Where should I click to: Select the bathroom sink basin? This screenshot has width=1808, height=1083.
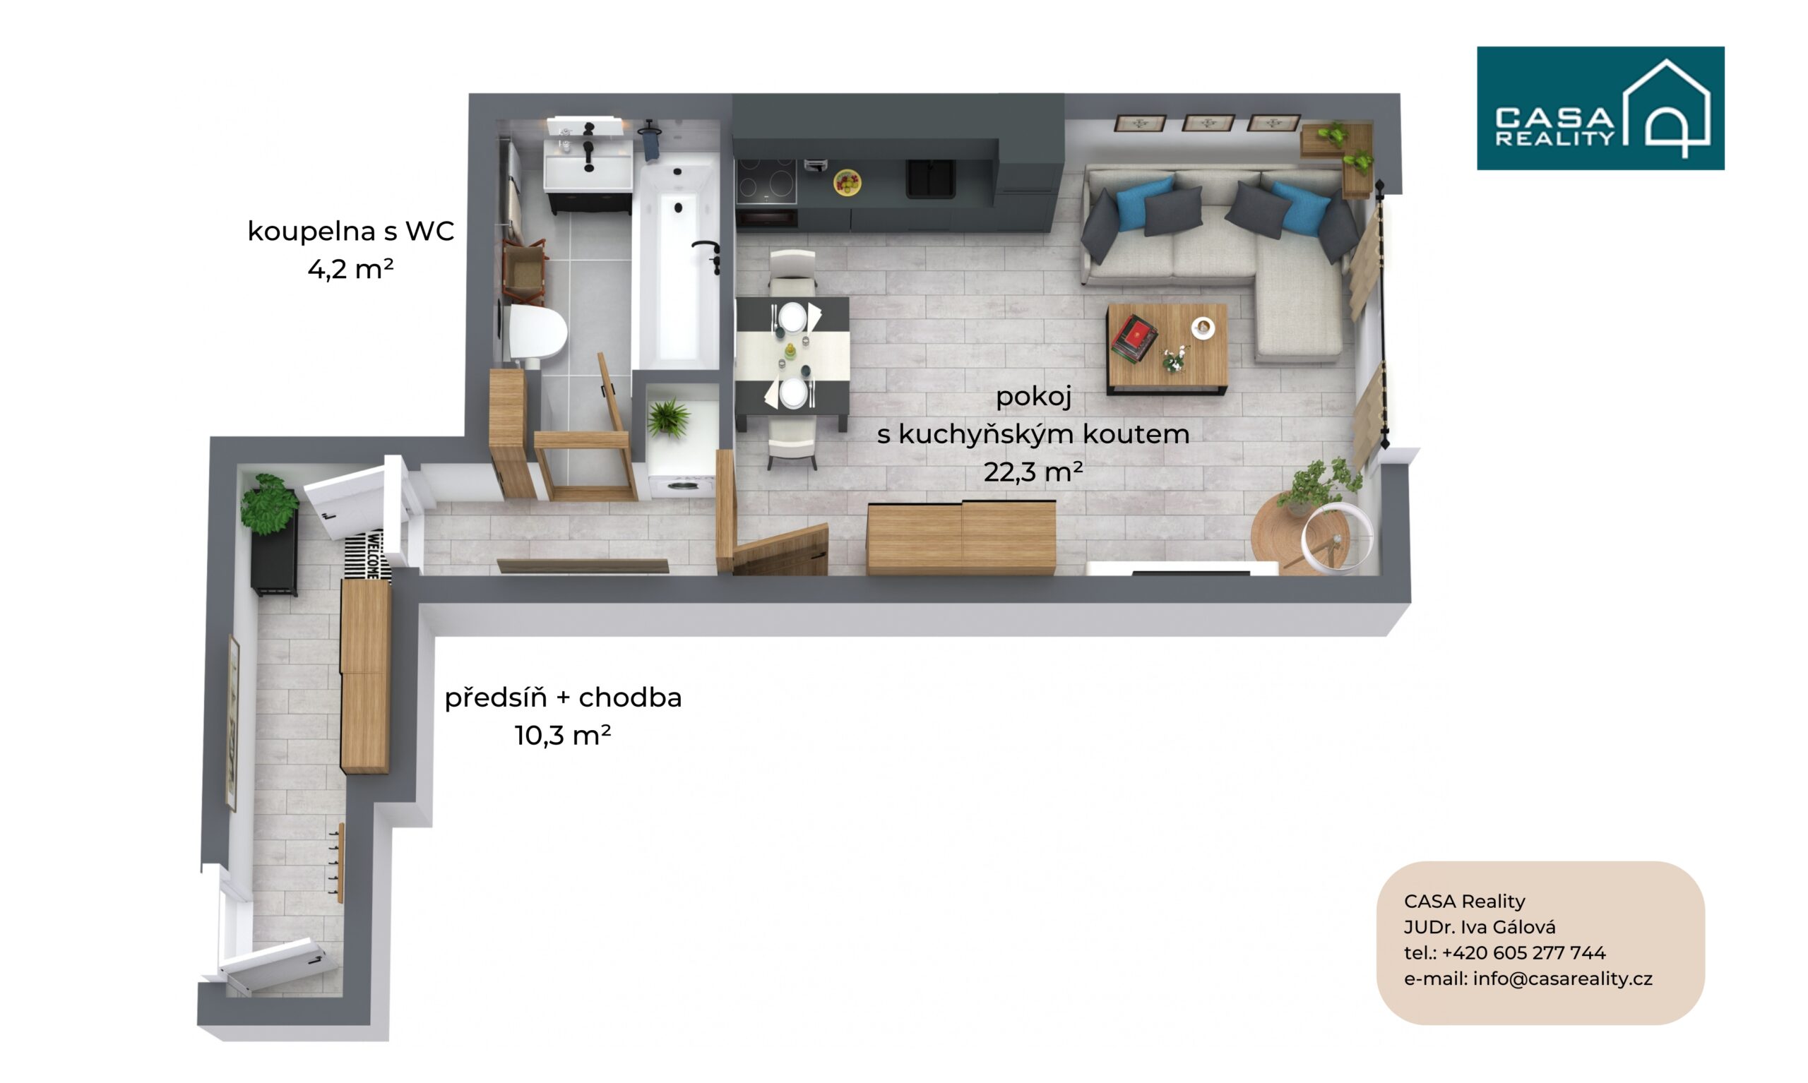coord(588,165)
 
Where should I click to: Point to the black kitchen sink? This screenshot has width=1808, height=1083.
coord(931,178)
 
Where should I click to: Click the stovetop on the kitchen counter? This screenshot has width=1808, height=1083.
coord(766,180)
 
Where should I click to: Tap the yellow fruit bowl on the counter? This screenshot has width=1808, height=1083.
coord(847,182)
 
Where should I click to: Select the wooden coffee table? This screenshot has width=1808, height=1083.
coord(1167,349)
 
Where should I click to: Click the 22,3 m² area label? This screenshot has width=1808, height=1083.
coord(1033,472)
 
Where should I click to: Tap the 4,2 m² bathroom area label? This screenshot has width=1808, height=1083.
coord(350,269)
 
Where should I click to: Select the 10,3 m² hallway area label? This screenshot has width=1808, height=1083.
coord(562,736)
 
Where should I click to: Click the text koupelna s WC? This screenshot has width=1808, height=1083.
coord(350,232)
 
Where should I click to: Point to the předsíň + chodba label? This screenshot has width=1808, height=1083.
coord(563,698)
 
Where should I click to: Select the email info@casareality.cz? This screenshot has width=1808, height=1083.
coord(1562,979)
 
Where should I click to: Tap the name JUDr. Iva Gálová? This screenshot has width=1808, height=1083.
coord(1480,927)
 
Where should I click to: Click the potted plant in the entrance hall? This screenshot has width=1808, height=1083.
coord(268,503)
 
